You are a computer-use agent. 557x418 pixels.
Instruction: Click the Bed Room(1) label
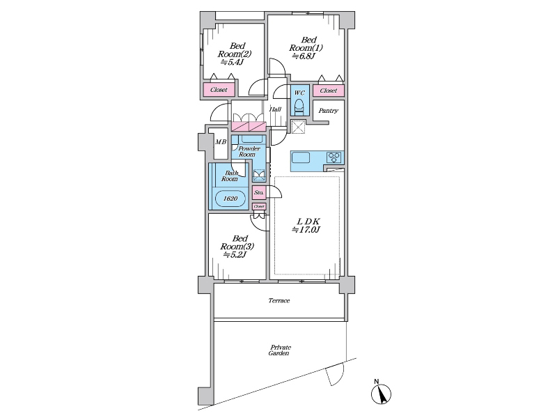point(306,48)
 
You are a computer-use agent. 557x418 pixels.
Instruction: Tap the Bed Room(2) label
point(235,54)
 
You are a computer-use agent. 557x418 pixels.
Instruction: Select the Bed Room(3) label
point(237,247)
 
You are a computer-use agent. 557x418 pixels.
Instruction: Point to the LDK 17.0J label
point(306,226)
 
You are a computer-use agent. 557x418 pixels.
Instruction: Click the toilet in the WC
point(299,107)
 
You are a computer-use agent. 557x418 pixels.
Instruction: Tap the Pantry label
point(328,111)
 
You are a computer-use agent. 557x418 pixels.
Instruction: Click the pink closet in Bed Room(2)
point(219,90)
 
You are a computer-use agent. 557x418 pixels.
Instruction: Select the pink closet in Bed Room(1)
point(328,91)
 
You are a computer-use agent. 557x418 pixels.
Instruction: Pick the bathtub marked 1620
point(230,199)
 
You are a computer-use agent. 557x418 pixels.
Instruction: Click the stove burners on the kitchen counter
point(334,157)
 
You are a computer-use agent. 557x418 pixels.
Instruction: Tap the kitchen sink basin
point(301,157)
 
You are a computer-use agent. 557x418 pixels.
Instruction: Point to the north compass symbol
point(381,393)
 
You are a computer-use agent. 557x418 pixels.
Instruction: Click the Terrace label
point(279,301)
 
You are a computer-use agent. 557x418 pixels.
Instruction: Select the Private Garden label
point(280,350)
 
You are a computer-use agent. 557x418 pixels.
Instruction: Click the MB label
point(221,142)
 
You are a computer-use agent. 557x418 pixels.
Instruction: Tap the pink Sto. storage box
point(259,193)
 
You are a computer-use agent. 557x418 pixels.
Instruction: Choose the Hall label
point(275,109)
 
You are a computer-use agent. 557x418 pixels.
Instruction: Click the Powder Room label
point(249,151)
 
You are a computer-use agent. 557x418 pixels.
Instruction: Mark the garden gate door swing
point(336,374)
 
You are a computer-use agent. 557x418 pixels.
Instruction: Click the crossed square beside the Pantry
point(299,127)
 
